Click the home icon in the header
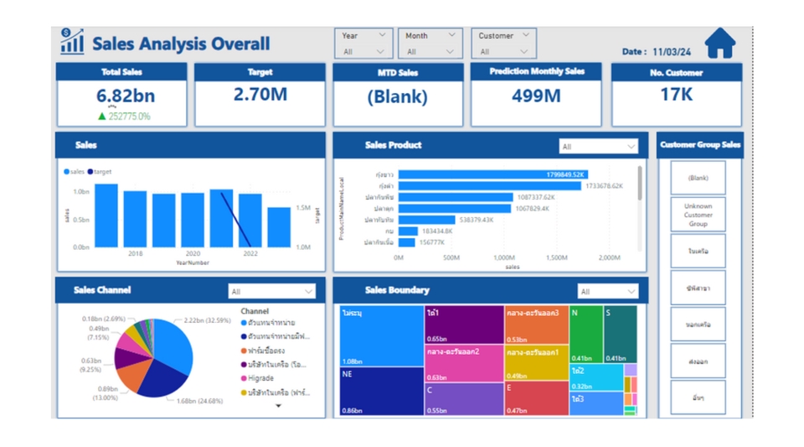pos(719,44)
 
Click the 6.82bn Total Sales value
pos(121,96)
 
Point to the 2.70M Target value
pos(260,95)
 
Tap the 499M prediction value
pos(535,96)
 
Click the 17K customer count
pos(676,95)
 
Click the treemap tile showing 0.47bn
pos(536,399)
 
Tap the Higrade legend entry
pos(260,378)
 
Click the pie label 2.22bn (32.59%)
pos(207,320)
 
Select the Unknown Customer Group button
pos(698,215)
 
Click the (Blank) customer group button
pos(698,178)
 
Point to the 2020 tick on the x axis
pos(193,253)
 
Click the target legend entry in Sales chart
pos(100,172)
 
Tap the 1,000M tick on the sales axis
pos(503,258)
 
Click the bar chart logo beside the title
pos(72,42)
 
